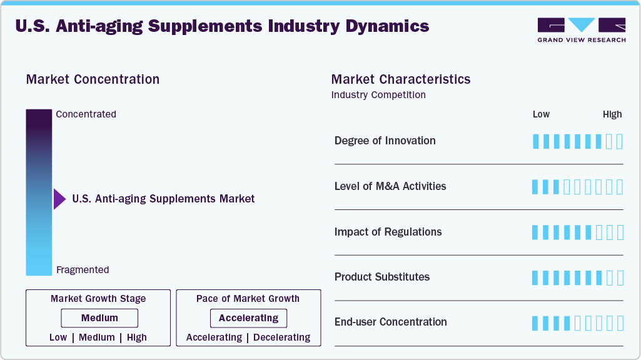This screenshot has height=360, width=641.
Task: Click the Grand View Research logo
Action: click(581, 30)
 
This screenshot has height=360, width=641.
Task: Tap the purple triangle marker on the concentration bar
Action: click(59, 199)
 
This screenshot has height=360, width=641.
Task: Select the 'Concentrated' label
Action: click(86, 114)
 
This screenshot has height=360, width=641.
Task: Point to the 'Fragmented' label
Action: click(83, 270)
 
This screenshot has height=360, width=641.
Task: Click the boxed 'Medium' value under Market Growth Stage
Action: click(99, 318)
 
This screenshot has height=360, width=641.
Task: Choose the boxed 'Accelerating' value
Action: click(248, 318)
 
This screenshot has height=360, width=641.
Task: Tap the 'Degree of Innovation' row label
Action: click(385, 141)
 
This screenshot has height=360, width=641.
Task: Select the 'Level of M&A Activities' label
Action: click(390, 186)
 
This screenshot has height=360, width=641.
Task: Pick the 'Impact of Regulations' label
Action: click(388, 232)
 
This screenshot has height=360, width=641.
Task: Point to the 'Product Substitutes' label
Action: click(381, 277)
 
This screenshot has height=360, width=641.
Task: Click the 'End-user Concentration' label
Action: click(390, 322)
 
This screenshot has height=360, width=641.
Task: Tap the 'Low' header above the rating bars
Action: click(541, 114)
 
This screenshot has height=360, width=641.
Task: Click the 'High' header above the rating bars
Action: click(612, 114)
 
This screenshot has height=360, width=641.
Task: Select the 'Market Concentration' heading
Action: click(93, 79)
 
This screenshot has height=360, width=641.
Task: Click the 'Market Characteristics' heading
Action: click(401, 79)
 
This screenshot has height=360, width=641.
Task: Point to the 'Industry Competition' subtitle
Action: click(378, 95)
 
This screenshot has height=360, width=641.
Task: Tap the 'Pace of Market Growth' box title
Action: click(248, 299)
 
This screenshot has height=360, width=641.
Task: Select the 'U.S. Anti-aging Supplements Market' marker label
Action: click(163, 199)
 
